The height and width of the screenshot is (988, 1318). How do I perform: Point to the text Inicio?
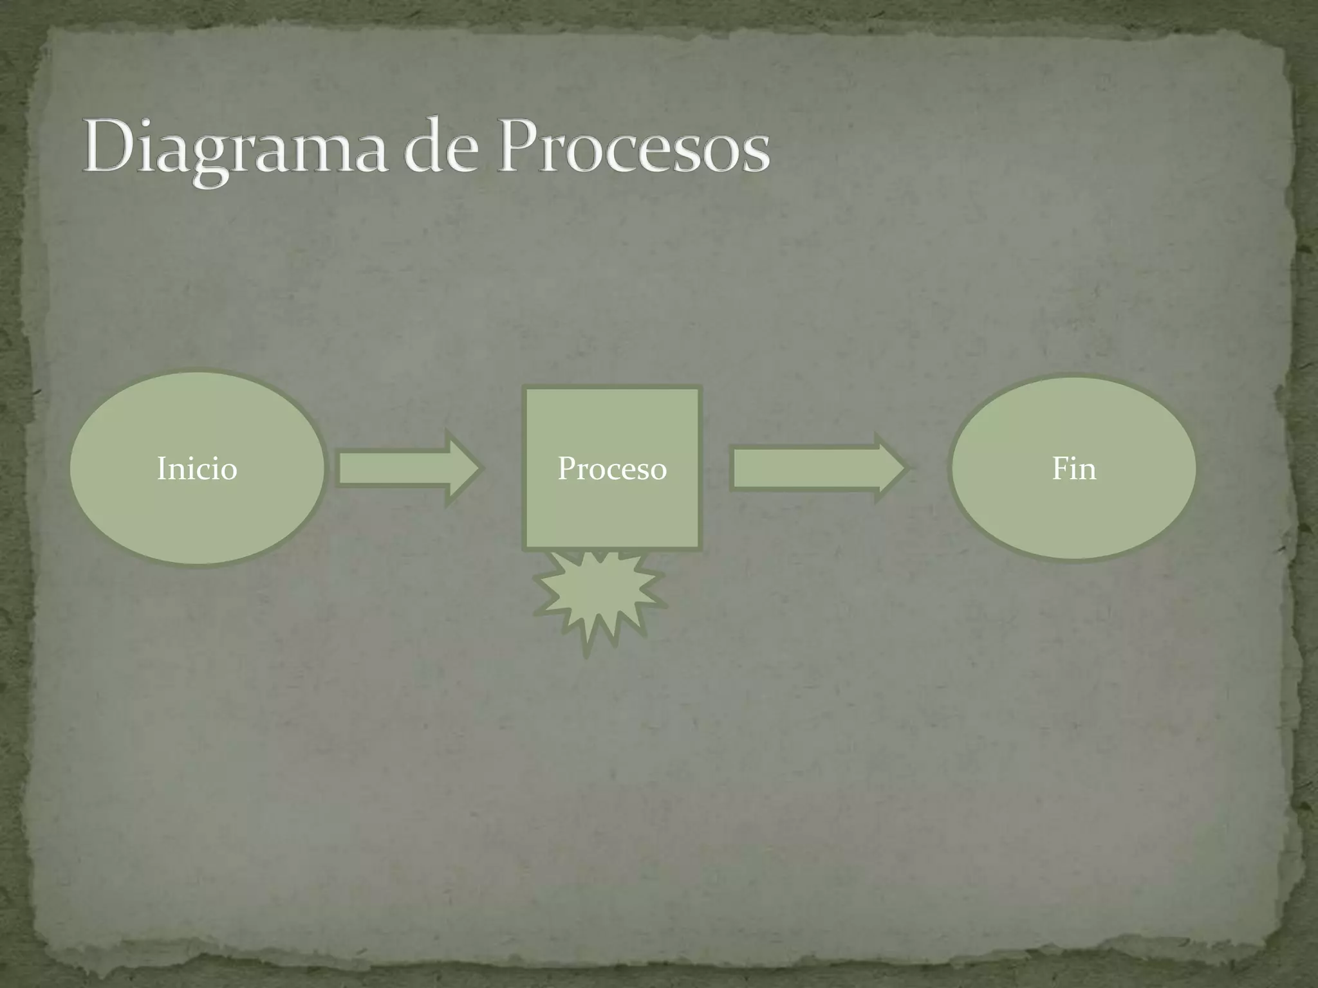pos(197,468)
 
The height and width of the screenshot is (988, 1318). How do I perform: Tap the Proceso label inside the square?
pos(611,468)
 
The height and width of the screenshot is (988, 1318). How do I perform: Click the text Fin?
pos(1073,468)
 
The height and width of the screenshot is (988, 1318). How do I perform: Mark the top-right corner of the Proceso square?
pos(699,389)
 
